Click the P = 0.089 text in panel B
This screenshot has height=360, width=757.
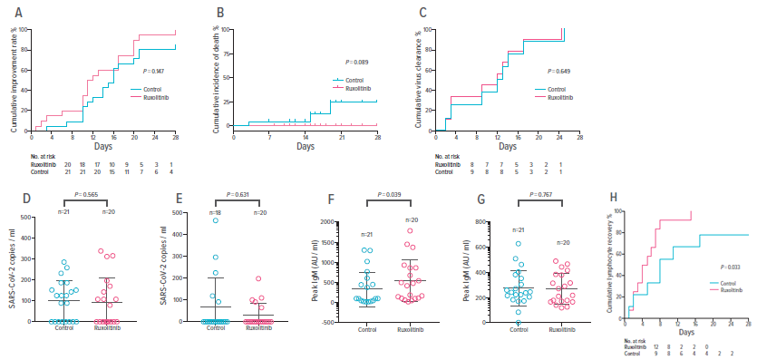[358, 62]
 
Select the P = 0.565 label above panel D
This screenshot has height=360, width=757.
[86, 194]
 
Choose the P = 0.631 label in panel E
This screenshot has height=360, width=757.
[238, 194]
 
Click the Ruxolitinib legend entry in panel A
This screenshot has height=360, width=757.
[157, 97]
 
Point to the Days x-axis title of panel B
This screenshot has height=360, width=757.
[305, 146]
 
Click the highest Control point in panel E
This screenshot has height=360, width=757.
[216, 220]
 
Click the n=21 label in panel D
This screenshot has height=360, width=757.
[63, 213]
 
